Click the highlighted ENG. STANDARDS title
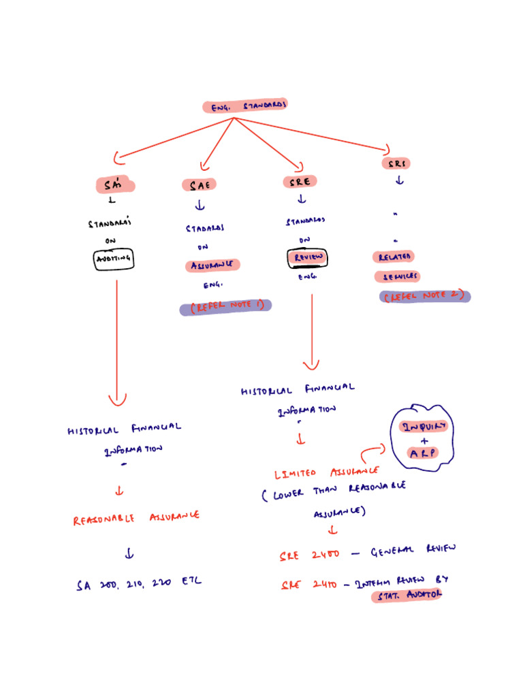[x=245, y=106]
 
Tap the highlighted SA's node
[x=115, y=185]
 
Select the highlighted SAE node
[x=200, y=185]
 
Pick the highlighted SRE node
[x=300, y=182]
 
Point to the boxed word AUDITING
[x=114, y=259]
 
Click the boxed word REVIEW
[x=307, y=258]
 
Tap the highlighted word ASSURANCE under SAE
[x=212, y=265]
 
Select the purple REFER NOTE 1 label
[x=225, y=307]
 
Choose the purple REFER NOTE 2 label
[x=424, y=296]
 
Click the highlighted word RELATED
[x=393, y=257]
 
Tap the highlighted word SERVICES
[x=396, y=276]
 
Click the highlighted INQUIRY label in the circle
[x=424, y=427]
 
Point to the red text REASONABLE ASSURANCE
[x=136, y=519]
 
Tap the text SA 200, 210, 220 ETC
[x=139, y=583]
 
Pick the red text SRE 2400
[x=309, y=554]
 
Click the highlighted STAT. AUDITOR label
[x=407, y=595]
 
